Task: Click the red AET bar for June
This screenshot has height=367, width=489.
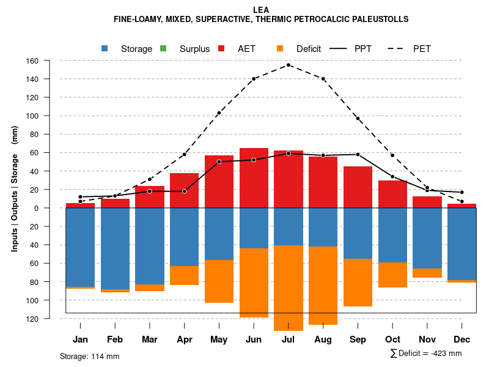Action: pyautogui.click(x=254, y=177)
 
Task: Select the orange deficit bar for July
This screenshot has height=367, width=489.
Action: pyautogui.click(x=289, y=287)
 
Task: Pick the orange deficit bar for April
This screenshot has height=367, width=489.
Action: pyautogui.click(x=184, y=275)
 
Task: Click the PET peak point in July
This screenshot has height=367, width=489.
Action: pyautogui.click(x=289, y=65)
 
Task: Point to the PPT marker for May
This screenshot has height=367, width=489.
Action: pyautogui.click(x=219, y=161)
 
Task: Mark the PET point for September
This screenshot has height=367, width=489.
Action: pyautogui.click(x=358, y=118)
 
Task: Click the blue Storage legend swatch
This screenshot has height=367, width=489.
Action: pyautogui.click(x=105, y=49)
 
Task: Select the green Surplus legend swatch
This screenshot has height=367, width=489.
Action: pyautogui.click(x=164, y=49)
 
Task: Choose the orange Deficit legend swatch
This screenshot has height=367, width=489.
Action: pyautogui.click(x=281, y=49)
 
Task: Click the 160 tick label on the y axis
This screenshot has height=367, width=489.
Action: pyautogui.click(x=50, y=61)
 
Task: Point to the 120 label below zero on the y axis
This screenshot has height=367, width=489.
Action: pyautogui.click(x=50, y=319)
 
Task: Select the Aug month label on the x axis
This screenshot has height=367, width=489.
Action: pyautogui.click(x=323, y=339)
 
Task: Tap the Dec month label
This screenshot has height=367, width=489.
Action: pyautogui.click(x=461, y=339)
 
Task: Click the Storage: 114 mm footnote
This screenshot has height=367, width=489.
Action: pyautogui.click(x=89, y=356)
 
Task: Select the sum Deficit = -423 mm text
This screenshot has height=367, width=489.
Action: pyautogui.click(x=426, y=353)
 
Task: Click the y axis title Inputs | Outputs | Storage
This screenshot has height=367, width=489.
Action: pyautogui.click(x=15, y=188)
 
